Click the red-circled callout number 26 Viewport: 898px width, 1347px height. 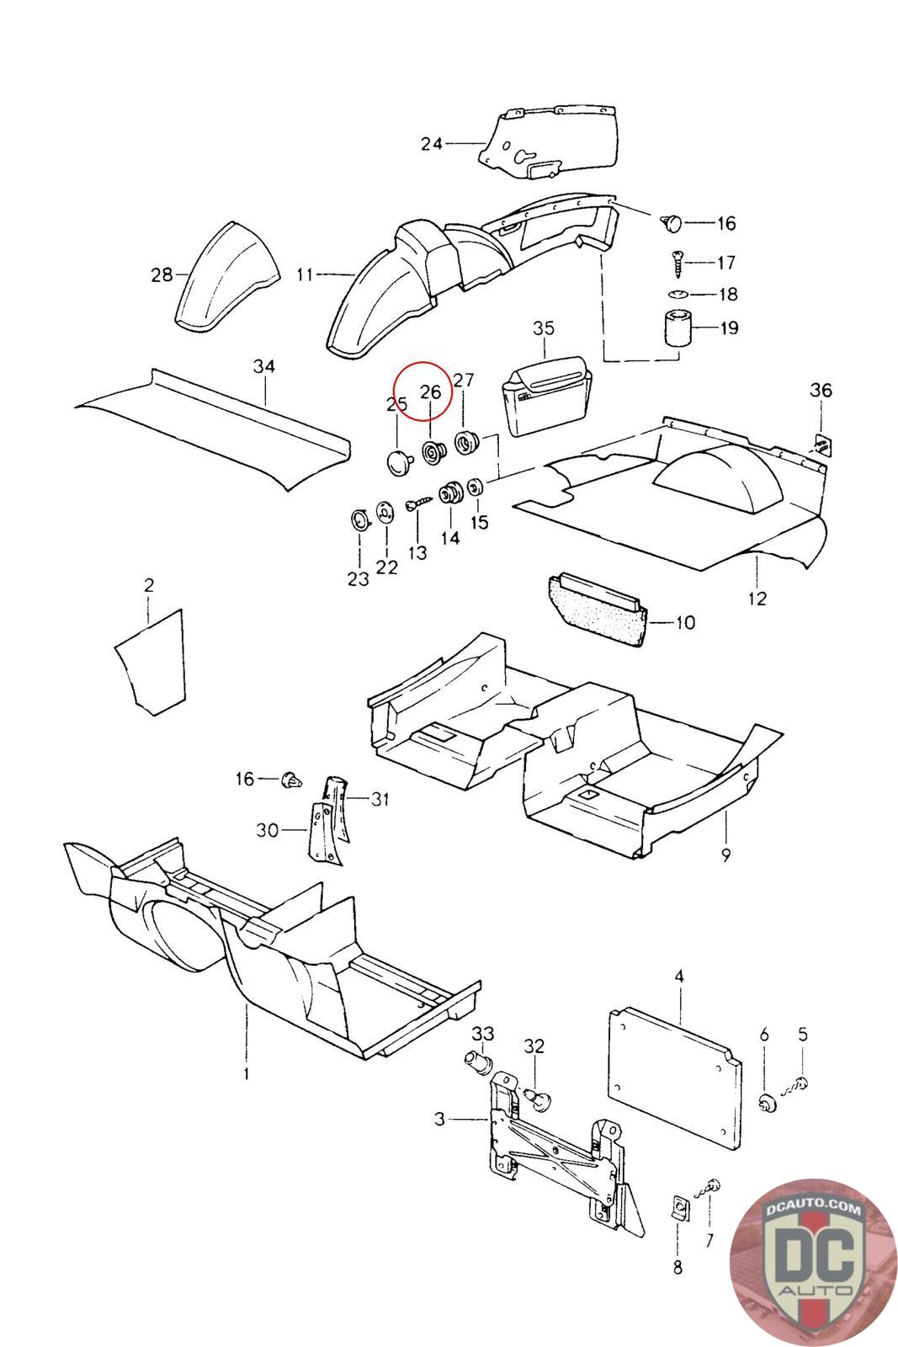click(x=430, y=391)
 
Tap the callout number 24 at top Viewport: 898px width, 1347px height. click(x=432, y=144)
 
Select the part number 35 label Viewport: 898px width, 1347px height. click(x=544, y=327)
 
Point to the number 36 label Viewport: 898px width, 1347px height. click(x=821, y=390)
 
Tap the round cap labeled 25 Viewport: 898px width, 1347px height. click(x=396, y=459)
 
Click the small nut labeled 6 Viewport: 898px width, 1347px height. click(x=766, y=1103)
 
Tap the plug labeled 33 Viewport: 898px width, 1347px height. click(x=478, y=1062)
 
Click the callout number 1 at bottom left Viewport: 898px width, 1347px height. click(x=247, y=1074)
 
